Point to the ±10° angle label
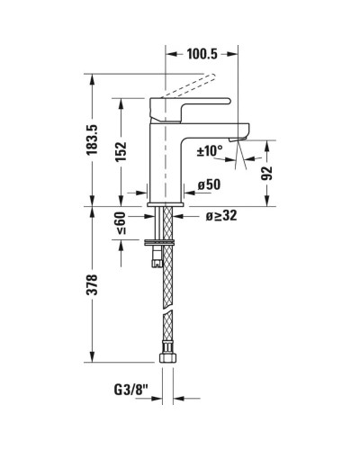pos(210,151)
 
